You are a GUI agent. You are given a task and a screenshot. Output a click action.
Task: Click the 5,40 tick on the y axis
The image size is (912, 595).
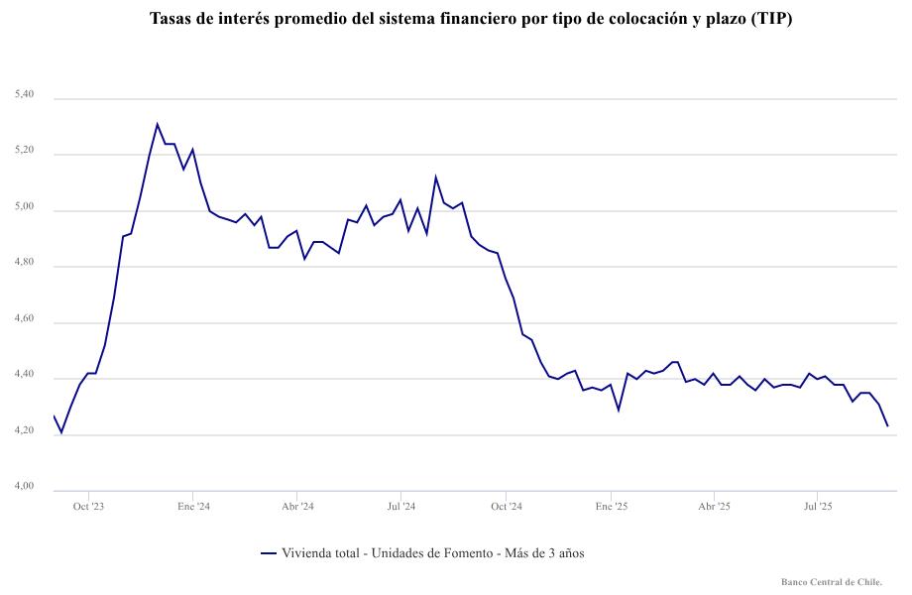pyautogui.click(x=25, y=95)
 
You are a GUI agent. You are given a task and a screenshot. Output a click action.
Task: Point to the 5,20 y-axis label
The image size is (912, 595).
pyautogui.click(x=25, y=151)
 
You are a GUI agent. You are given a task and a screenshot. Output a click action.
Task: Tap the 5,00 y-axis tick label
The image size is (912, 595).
pyautogui.click(x=25, y=207)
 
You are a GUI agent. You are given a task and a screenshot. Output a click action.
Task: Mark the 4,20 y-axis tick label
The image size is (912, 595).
pyautogui.click(x=25, y=431)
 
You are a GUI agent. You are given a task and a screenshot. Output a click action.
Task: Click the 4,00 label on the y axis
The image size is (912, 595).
pyautogui.click(x=25, y=487)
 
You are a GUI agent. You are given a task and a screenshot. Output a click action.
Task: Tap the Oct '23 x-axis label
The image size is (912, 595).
pyautogui.click(x=88, y=506)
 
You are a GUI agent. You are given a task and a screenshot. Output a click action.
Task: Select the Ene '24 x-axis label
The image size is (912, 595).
pyautogui.click(x=193, y=506)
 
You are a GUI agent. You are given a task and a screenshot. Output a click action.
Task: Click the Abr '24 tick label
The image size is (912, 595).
pyautogui.click(x=297, y=506)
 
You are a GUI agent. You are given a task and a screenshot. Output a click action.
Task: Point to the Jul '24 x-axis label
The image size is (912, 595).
pyautogui.click(x=400, y=506)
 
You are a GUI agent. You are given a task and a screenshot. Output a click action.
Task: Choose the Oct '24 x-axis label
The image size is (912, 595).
pyautogui.click(x=506, y=506)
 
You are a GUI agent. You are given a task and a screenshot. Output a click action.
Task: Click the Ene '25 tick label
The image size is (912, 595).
pyautogui.click(x=611, y=506)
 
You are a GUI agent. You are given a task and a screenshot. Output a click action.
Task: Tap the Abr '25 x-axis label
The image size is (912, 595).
pyautogui.click(x=714, y=506)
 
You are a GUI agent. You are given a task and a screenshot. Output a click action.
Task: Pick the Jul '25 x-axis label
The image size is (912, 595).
pyautogui.click(x=818, y=506)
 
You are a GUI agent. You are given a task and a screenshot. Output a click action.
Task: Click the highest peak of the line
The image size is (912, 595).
pyautogui.click(x=157, y=124)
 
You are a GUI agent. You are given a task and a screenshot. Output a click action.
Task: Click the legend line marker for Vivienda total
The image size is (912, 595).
pyautogui.click(x=267, y=553)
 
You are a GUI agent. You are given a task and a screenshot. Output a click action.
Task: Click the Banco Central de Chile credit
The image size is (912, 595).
pyautogui.click(x=832, y=582)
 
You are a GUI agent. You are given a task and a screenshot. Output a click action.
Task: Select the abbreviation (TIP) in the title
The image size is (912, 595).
pyautogui.click(x=772, y=19)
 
